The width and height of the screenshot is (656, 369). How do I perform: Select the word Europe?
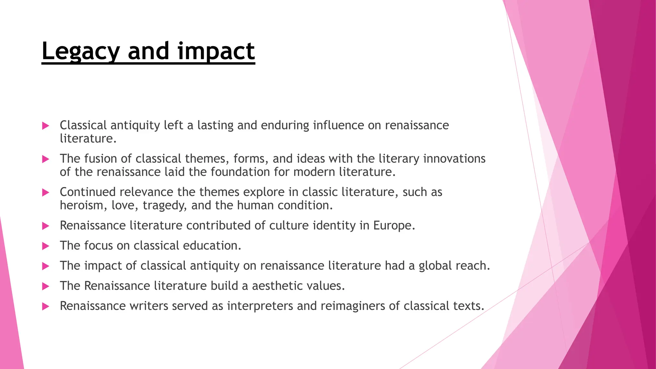(394, 226)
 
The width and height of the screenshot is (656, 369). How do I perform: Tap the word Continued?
(87, 192)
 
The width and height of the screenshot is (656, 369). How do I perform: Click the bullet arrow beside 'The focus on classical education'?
(45, 246)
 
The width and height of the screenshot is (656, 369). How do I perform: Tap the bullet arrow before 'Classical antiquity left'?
(45, 126)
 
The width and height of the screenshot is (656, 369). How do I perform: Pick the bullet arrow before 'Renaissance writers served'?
(45, 307)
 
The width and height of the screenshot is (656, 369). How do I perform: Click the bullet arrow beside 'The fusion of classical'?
(45, 159)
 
